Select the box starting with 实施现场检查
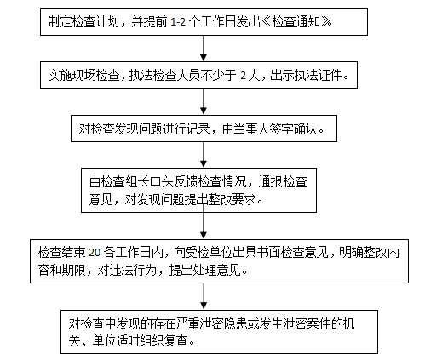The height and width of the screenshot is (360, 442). (x=203, y=77)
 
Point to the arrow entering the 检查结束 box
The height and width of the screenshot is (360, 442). (x=202, y=225)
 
